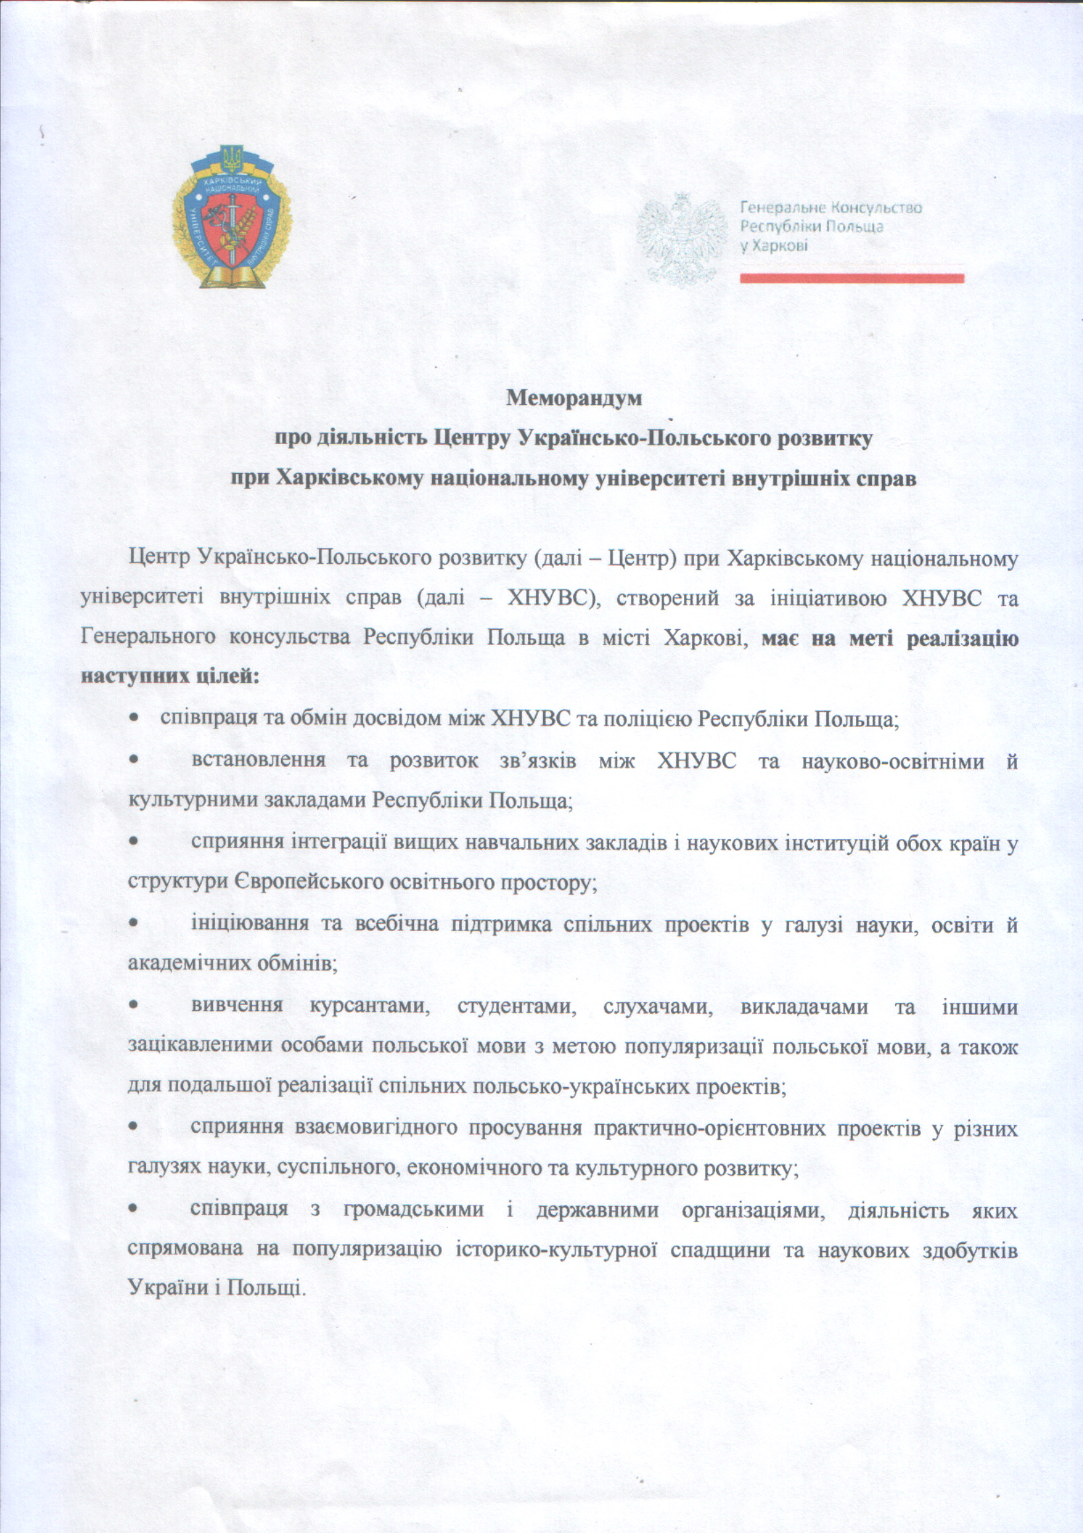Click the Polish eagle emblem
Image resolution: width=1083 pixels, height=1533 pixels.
[x=680, y=236]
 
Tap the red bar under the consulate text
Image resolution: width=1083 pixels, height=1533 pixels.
[x=851, y=279]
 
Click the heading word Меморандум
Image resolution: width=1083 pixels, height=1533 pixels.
[x=574, y=398]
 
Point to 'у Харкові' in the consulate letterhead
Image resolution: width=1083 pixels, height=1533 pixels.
[x=774, y=245]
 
